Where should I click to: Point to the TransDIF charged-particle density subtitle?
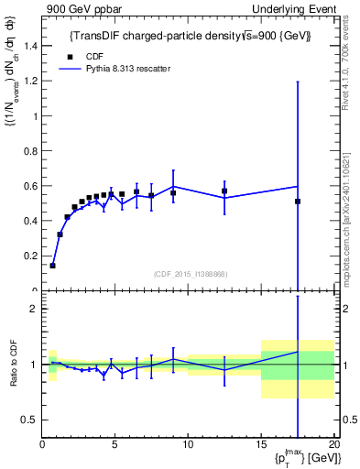tap(191, 37)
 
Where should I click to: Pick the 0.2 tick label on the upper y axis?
tap(29, 256)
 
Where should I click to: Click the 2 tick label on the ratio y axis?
tap(33, 309)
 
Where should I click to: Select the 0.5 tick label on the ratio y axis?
tap(29, 420)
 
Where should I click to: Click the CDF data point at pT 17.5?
tap(298, 202)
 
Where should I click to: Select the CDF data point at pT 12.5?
tap(224, 191)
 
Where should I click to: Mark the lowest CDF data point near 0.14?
tap(52, 266)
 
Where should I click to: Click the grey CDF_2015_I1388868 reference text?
tap(190, 274)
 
